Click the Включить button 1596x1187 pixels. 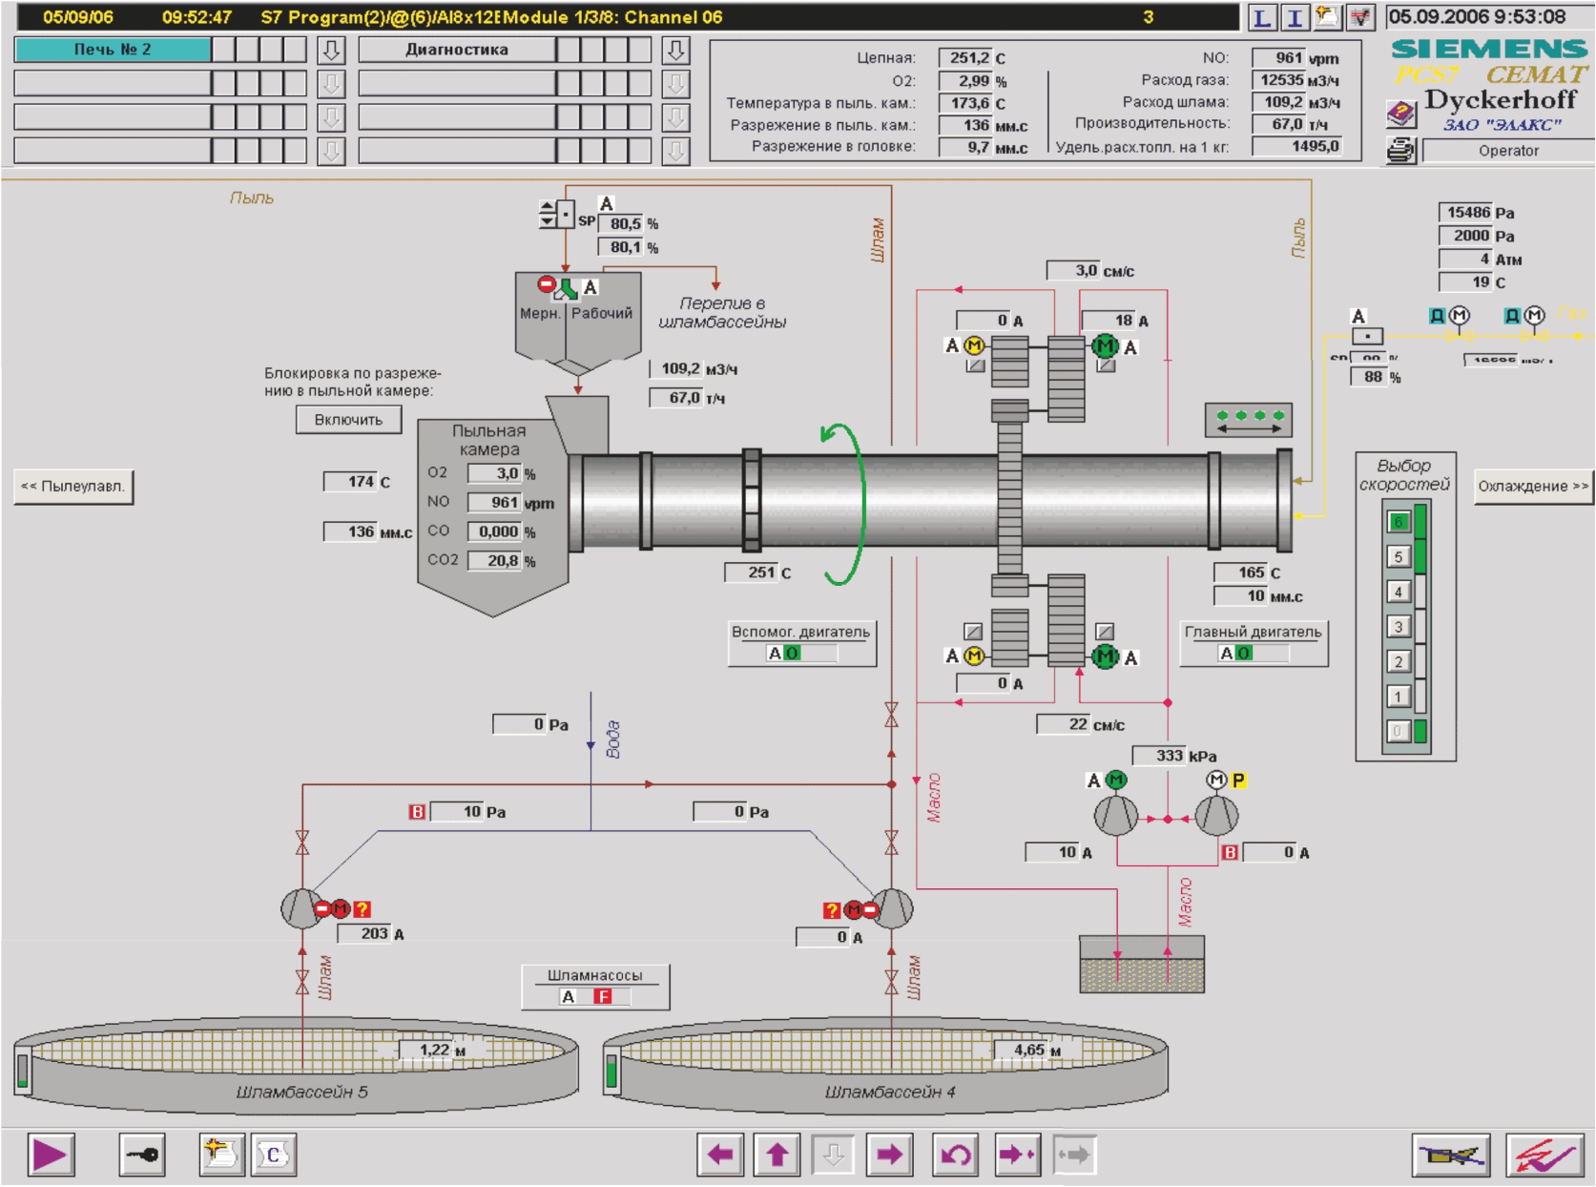tap(348, 420)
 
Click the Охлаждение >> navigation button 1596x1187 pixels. tap(1532, 486)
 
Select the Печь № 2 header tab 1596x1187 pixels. tap(113, 50)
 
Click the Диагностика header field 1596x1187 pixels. tap(457, 50)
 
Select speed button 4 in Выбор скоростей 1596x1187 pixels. tap(1398, 592)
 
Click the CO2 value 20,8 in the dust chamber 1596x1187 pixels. tap(494, 560)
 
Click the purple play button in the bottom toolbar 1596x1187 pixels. tap(50, 1156)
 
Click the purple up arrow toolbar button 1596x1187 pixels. tap(777, 1156)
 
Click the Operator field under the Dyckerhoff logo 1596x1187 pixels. tap(1507, 151)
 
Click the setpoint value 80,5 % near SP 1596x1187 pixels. tap(621, 223)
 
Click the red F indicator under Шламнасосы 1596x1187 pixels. tap(602, 996)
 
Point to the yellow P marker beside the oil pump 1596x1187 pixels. tap(1238, 781)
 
